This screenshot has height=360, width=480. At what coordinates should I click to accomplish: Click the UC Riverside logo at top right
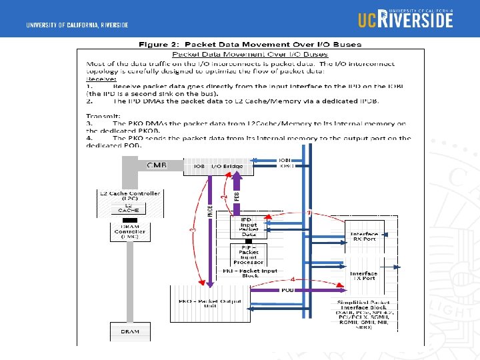[x=405, y=18]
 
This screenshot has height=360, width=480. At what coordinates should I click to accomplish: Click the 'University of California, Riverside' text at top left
[x=77, y=25]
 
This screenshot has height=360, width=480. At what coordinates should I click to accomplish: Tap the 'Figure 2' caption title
[x=250, y=45]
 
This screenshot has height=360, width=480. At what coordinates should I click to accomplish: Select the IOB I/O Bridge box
[x=218, y=166]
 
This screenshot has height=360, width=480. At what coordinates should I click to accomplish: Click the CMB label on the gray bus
[x=156, y=165]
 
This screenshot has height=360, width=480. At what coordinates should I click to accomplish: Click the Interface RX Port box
[x=365, y=237]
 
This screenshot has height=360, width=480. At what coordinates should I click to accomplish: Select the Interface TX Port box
[x=363, y=275]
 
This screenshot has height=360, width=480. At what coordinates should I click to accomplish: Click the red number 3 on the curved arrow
[x=193, y=230]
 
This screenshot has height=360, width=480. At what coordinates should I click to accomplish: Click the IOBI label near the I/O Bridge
[x=285, y=160]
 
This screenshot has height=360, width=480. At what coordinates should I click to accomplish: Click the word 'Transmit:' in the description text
[x=99, y=115]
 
